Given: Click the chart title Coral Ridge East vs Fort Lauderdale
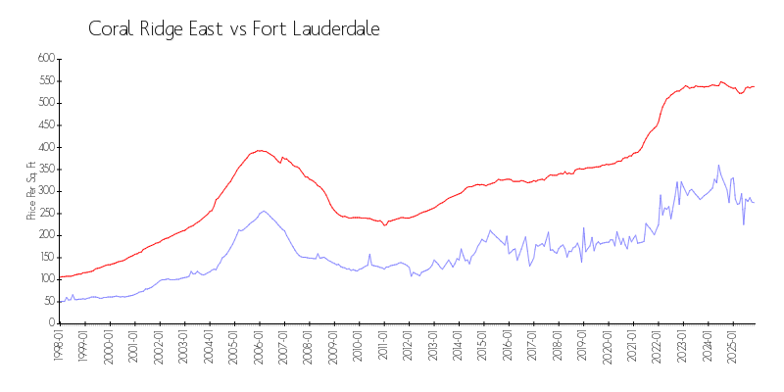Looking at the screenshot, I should [x=233, y=29].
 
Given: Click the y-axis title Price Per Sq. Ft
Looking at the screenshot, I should [x=31, y=190].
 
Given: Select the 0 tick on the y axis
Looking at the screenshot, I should [x=49, y=322].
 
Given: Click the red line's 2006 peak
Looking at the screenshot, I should [x=260, y=150].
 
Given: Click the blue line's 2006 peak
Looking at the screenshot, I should [x=263, y=211].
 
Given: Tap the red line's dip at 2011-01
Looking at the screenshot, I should [x=385, y=225].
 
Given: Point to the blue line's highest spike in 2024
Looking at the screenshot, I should [x=719, y=166].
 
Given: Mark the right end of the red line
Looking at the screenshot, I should [x=754, y=86].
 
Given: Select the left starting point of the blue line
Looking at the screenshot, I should [x=60, y=300].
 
